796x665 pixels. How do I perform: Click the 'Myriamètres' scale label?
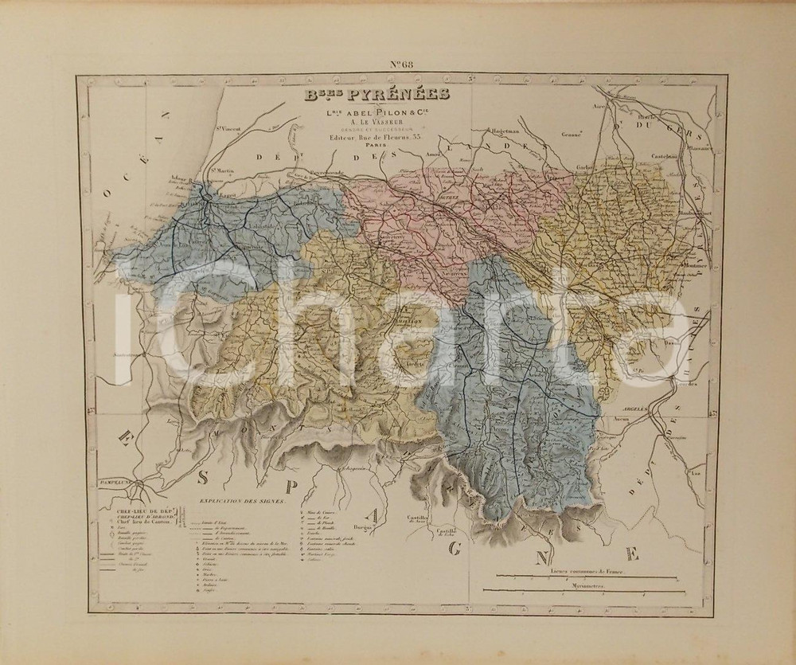(x=585, y=585)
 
